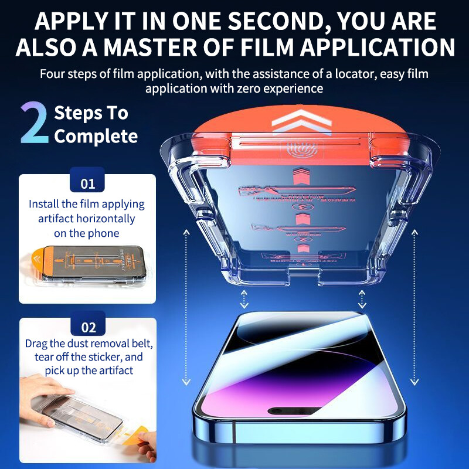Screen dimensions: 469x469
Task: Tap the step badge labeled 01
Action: click(87, 183)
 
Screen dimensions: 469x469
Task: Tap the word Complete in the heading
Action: click(96, 137)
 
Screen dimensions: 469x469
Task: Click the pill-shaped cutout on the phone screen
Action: click(298, 410)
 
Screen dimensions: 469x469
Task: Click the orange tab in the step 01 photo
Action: click(36, 263)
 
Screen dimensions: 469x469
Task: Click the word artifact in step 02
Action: click(115, 371)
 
